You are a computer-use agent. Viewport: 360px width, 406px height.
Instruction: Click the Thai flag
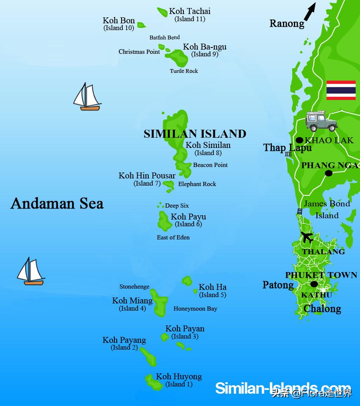[x=341, y=90]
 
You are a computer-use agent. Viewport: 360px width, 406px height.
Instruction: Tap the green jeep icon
[x=321, y=122]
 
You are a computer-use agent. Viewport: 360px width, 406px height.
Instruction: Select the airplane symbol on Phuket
[x=307, y=237]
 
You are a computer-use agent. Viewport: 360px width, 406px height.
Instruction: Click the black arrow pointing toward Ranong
[x=310, y=11]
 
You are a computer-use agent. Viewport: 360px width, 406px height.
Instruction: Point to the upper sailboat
[x=87, y=97]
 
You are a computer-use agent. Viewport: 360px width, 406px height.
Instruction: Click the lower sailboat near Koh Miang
[x=30, y=271]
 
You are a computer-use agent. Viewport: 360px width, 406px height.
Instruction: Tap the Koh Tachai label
[x=190, y=11]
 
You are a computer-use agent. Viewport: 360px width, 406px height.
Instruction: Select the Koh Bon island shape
[x=141, y=25]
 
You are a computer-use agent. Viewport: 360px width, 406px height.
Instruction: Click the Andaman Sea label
[x=57, y=203]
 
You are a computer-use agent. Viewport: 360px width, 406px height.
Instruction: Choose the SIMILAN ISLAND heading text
[x=195, y=134]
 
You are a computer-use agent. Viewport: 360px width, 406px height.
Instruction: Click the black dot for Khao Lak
[x=299, y=140]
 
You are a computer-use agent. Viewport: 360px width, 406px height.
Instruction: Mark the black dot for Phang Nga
[x=328, y=173]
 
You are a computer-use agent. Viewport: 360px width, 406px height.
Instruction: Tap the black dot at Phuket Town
[x=314, y=284]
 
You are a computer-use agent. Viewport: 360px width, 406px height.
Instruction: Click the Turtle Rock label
[x=184, y=71]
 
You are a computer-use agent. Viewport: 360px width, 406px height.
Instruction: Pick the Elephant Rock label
[x=197, y=184]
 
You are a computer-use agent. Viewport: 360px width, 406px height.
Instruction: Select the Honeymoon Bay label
[x=195, y=309]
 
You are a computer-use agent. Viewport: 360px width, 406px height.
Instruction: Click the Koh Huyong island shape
[x=152, y=381]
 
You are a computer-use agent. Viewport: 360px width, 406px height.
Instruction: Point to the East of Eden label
[x=173, y=237]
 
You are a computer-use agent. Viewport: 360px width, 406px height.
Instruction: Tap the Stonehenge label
[x=134, y=287]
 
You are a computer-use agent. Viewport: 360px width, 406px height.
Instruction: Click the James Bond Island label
[x=327, y=209]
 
